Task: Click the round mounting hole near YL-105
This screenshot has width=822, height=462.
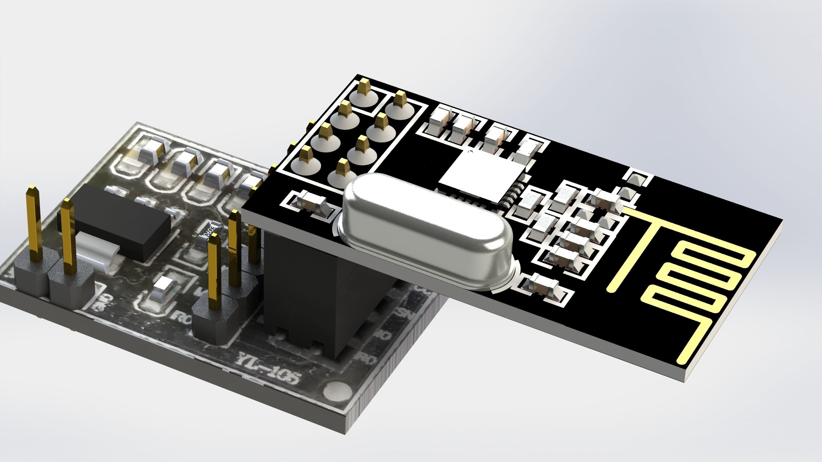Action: coord(337,390)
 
